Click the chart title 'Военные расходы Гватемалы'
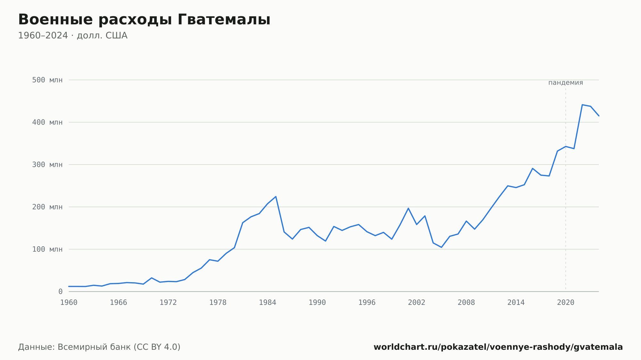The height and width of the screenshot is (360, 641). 144,20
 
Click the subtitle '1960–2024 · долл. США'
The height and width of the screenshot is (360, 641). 73,36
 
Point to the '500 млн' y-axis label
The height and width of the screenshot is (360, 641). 47,80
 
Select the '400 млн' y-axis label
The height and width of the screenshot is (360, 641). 47,122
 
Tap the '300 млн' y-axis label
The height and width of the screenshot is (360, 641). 47,165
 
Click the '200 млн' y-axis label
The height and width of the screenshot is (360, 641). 47,207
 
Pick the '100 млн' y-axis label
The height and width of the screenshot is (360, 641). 47,249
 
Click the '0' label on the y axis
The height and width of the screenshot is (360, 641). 60,292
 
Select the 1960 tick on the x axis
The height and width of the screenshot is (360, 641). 69,303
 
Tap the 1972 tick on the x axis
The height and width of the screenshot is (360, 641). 168,303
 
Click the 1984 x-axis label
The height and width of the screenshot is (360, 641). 268,303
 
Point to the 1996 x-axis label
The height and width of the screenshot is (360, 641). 367,303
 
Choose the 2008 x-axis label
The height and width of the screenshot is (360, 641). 466,303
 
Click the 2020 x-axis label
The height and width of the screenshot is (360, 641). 566,303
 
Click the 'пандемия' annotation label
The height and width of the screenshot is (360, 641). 566,83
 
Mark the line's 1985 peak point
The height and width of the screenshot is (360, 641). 276,197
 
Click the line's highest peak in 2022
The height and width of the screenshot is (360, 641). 582,105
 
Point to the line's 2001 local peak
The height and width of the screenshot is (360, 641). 408,208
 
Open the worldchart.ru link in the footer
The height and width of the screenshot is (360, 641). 498,347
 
